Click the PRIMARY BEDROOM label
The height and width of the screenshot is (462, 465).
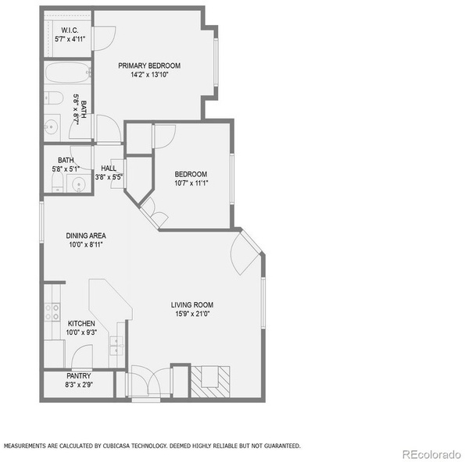(149, 66)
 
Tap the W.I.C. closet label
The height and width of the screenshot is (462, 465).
(70, 30)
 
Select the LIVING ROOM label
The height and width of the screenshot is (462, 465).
(192, 304)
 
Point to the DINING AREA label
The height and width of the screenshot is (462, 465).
(86, 236)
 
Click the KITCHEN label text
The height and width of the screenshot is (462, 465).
(81, 323)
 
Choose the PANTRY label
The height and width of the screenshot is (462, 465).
(79, 376)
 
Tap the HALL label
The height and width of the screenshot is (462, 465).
(109, 169)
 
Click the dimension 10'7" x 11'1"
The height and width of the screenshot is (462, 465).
(191, 183)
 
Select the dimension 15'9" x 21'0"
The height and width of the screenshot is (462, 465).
(192, 314)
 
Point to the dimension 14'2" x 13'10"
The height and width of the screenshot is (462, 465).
(149, 75)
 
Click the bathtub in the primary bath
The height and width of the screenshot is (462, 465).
(67, 73)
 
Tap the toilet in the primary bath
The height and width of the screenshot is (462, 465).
(54, 98)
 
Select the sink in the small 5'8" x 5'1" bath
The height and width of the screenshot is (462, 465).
(79, 183)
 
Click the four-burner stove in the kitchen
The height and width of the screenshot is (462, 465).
(52, 312)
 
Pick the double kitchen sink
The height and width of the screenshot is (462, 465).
(117, 346)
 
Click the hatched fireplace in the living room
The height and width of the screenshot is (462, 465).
(210, 382)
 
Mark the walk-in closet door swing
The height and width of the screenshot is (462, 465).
(103, 38)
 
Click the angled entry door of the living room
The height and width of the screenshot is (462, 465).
(245, 252)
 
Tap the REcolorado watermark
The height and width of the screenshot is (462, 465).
(431, 454)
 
